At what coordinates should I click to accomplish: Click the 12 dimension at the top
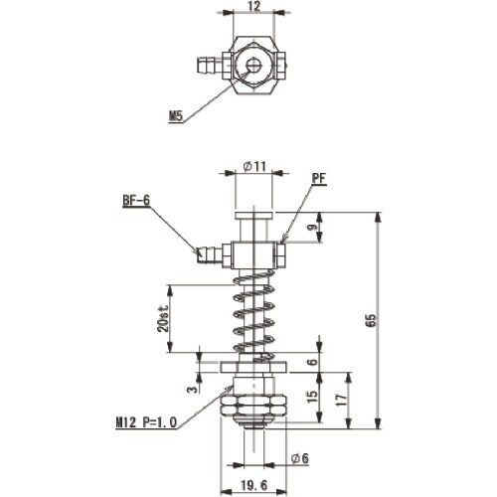(254, 6)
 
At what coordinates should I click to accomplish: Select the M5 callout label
(176, 116)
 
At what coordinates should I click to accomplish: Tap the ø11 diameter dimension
(254, 166)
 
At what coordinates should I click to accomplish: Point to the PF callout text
(319, 178)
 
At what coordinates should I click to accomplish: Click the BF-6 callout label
(136, 200)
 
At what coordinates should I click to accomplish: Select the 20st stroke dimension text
(163, 318)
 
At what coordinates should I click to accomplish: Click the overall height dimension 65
(372, 320)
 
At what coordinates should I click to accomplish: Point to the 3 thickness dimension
(192, 389)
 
